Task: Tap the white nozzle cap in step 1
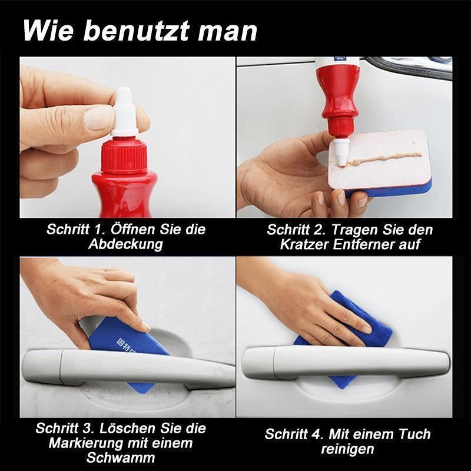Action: pyautogui.click(x=124, y=112)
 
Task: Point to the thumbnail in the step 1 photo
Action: pyautogui.click(x=98, y=117)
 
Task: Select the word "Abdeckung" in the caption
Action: pyautogui.click(x=125, y=244)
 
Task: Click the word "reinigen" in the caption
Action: pyautogui.click(x=347, y=449)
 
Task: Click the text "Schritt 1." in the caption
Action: pyautogui.click(x=73, y=230)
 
